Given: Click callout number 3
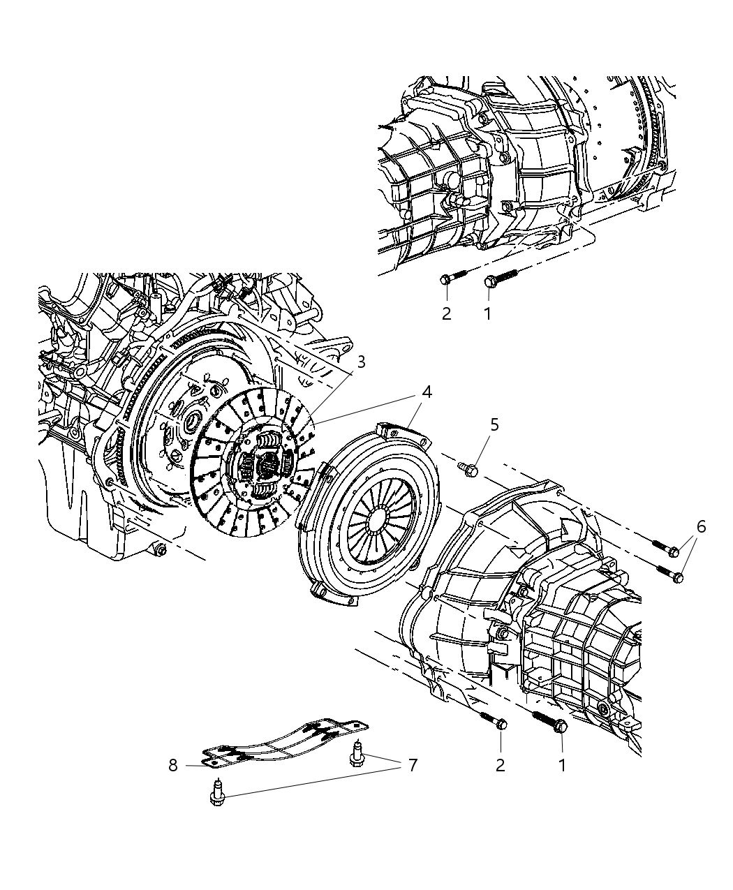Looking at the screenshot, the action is click(x=361, y=362).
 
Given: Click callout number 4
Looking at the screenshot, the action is click(x=426, y=393).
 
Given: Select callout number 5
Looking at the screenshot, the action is click(x=494, y=425).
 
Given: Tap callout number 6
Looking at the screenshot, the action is click(x=700, y=526).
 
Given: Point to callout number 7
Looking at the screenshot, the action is click(x=412, y=766).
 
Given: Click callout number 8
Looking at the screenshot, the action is click(x=173, y=766).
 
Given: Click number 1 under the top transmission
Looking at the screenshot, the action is click(x=487, y=314).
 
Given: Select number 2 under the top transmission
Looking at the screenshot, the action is click(x=446, y=314).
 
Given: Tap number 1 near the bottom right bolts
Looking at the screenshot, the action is click(x=562, y=766).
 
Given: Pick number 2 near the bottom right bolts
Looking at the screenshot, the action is click(x=500, y=766).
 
